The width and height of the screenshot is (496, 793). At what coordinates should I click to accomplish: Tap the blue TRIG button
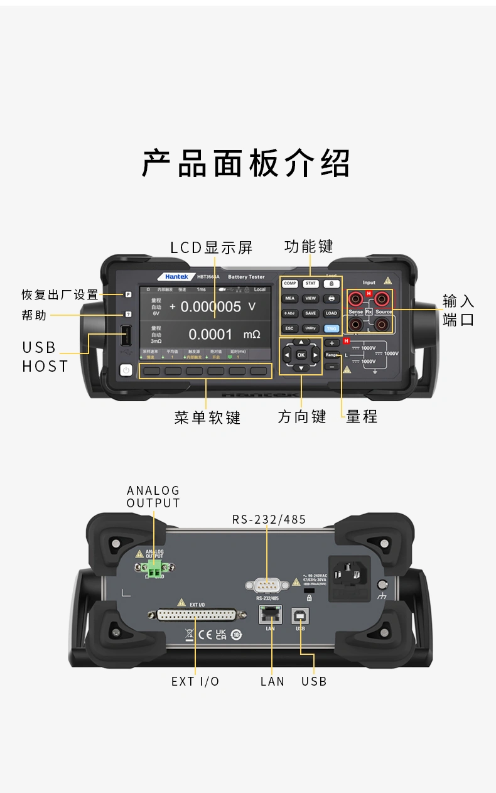[331, 328]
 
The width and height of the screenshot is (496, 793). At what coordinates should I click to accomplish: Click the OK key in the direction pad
[301, 355]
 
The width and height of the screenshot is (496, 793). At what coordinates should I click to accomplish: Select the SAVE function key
[310, 313]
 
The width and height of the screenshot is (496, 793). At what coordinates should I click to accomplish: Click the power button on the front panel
[126, 370]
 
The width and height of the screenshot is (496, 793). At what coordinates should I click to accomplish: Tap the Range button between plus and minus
[332, 355]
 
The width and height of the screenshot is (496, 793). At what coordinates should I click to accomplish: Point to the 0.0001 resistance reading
[210, 335]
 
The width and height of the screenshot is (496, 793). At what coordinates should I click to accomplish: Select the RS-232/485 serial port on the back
[267, 586]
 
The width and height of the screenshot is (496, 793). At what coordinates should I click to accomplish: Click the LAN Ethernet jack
[271, 615]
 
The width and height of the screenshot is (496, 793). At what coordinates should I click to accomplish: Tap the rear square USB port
[300, 616]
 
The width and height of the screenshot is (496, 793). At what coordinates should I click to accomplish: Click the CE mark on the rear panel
[205, 634]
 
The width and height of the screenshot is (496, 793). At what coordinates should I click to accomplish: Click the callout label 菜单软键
[207, 418]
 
